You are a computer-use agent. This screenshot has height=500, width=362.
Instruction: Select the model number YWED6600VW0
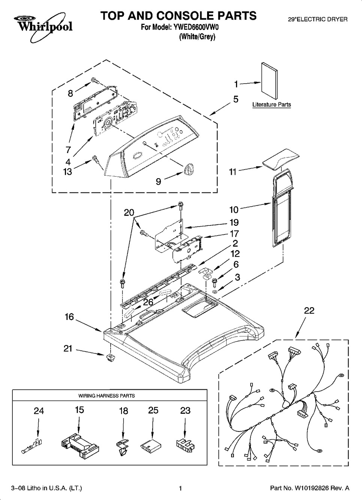pyautogui.click(x=194, y=27)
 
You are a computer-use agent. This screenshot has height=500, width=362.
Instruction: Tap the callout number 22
pyautogui.click(x=309, y=310)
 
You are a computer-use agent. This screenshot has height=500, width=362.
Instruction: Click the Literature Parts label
pyautogui.click(x=272, y=105)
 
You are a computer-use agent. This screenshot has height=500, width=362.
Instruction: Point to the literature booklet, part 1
pyautogui.click(x=270, y=80)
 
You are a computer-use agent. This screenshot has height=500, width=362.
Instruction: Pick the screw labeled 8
pyautogui.click(x=95, y=81)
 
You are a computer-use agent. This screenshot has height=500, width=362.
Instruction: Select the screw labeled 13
pyautogui.click(x=95, y=159)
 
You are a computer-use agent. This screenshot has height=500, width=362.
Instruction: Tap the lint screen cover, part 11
pyautogui.click(x=281, y=158)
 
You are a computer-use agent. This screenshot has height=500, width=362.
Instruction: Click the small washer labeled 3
pyautogui.click(x=215, y=292)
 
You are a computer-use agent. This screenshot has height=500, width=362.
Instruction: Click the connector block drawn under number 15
pyautogui.click(x=79, y=444)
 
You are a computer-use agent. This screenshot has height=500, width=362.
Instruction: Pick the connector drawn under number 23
pyautogui.click(x=185, y=444)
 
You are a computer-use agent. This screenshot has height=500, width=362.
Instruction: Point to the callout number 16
pyautogui.click(x=69, y=317)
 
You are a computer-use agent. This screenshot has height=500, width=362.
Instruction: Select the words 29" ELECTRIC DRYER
pyautogui.click(x=317, y=20)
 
